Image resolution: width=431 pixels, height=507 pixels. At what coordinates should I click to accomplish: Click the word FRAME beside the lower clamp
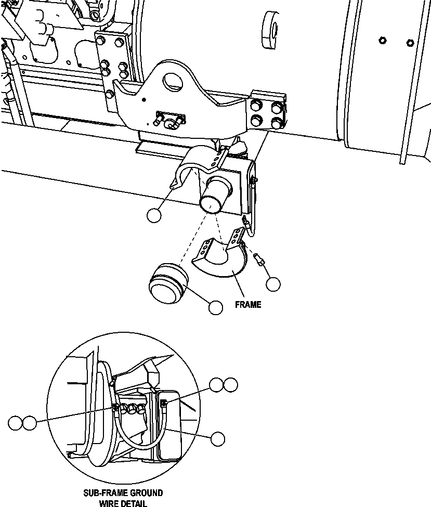[247, 305]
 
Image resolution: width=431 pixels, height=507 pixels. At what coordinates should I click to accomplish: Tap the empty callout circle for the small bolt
[273, 283]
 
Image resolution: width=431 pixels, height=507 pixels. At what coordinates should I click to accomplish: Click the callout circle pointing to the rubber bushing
[215, 308]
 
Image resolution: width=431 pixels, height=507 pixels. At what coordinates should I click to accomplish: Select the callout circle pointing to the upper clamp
[154, 215]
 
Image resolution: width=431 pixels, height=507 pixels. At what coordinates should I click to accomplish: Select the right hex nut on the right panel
[409, 42]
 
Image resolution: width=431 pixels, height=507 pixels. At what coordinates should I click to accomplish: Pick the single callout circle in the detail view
[218, 438]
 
